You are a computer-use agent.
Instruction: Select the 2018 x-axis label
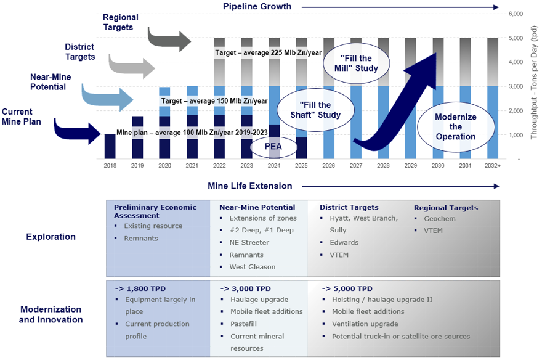pyautogui.click(x=110, y=165)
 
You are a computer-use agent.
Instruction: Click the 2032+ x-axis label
pyautogui.click(x=491, y=165)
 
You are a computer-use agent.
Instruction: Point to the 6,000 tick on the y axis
pyautogui.click(x=514, y=14)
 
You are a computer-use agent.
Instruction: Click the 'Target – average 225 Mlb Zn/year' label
pyautogui.click(x=268, y=53)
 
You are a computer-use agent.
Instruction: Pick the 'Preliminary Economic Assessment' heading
pyautogui.click(x=155, y=211)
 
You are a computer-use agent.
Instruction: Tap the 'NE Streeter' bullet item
pyautogui.click(x=249, y=242)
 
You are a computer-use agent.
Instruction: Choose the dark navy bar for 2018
pyautogui.click(x=110, y=147)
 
